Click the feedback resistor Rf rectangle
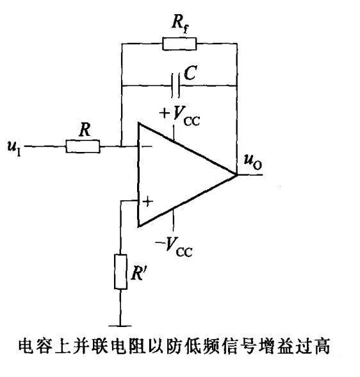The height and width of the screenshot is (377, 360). tap(179, 44)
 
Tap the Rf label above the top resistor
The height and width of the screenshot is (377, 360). tap(181, 24)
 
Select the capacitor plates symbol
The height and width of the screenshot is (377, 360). tap(176, 86)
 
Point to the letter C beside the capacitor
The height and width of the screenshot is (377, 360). tap(190, 72)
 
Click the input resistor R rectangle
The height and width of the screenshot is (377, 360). tap(83, 146)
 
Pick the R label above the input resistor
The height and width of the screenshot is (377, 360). tap(85, 130)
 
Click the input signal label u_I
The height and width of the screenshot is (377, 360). tap(14, 147)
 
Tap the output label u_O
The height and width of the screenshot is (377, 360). tap(253, 162)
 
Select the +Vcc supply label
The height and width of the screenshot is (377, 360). tap(179, 116)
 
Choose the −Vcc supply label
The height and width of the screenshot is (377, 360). tap(174, 247)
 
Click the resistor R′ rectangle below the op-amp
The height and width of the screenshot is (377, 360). tap(120, 272)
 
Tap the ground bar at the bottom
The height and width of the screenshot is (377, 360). tap(120, 326)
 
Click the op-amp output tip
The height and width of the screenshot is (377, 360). tap(237, 174)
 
